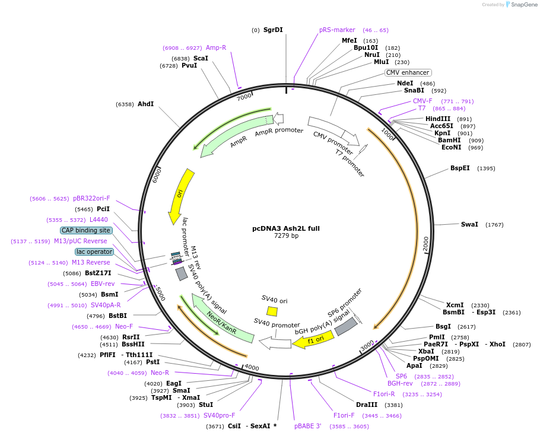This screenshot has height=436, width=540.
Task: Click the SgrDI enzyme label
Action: (273, 30)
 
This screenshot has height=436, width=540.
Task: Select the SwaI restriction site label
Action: (469, 224)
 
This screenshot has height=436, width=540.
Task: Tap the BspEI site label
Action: (460, 168)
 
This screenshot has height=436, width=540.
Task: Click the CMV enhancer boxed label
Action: (408, 72)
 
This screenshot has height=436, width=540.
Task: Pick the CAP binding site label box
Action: (86, 230)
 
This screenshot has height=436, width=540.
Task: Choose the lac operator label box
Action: (94, 252)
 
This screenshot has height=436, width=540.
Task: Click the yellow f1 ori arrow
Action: (313, 340)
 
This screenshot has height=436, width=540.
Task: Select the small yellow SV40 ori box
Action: (272, 311)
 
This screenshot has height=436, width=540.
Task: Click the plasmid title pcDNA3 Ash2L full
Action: (286, 228)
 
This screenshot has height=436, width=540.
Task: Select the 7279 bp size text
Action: (286, 236)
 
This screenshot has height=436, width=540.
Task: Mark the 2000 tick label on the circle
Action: (425, 243)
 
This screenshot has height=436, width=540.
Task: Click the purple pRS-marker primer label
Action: (337, 30)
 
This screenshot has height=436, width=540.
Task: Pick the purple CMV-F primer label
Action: (423, 101)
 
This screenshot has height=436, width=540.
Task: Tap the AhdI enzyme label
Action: (145, 104)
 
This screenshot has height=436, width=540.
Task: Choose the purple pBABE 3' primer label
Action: (307, 426)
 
